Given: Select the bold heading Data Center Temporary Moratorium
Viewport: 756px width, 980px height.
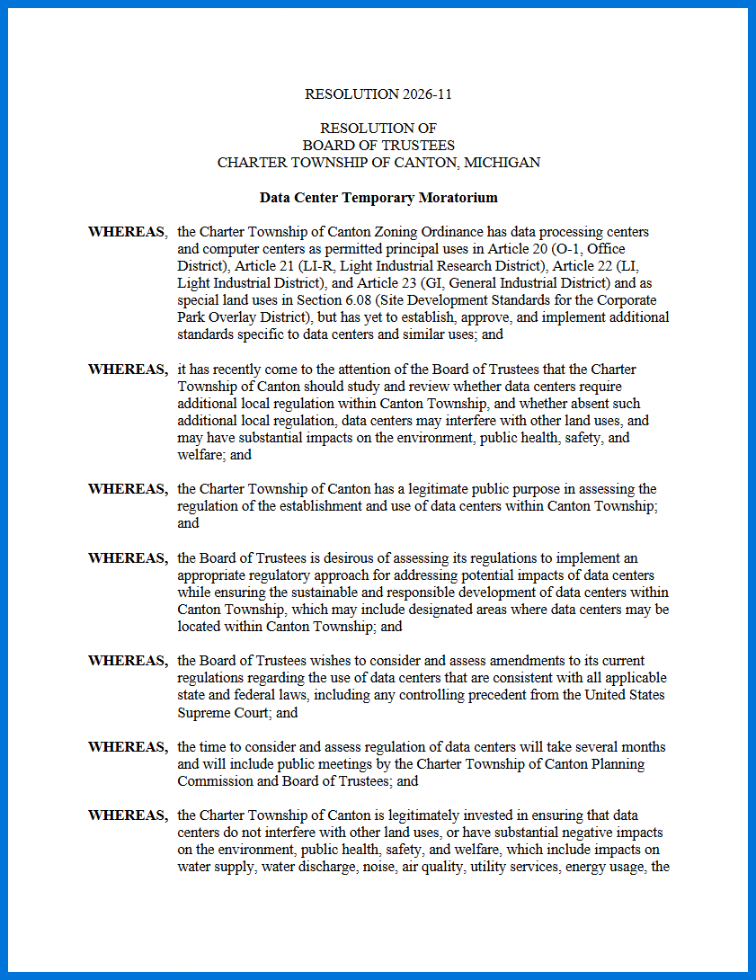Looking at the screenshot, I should coord(378,197).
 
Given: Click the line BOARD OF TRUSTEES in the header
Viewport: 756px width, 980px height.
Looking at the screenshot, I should coord(378,146).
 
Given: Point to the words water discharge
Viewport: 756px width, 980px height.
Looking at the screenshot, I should coord(304,867).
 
